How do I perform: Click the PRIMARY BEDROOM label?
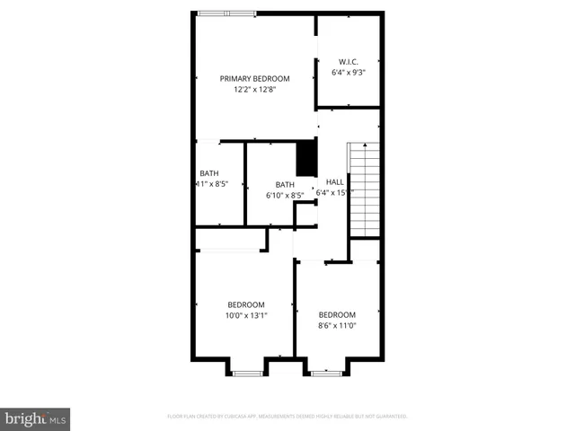255,78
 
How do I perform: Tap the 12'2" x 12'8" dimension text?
255,89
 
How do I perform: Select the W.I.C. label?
348,60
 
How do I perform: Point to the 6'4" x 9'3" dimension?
348,71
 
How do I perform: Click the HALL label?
334,180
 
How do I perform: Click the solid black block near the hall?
307,159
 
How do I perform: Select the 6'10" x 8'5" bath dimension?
285,195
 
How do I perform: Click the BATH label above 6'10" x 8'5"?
285,184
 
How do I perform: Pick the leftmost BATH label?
208,173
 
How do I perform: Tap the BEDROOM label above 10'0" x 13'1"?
245,303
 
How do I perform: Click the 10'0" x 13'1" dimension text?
245,315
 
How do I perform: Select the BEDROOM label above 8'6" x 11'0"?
338,314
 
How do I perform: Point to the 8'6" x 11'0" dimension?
338,326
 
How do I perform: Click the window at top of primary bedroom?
226,13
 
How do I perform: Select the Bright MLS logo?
36,419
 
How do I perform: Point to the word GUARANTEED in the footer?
388,417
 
